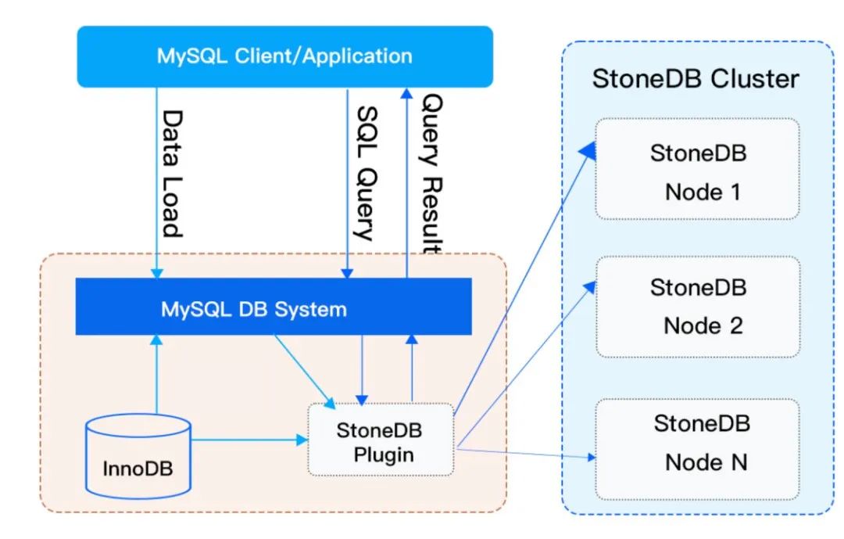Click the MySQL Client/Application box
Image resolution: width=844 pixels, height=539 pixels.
click(284, 56)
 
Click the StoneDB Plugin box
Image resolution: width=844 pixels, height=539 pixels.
click(381, 439)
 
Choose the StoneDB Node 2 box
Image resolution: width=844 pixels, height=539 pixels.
click(697, 307)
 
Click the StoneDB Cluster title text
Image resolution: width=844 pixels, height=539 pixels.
click(696, 79)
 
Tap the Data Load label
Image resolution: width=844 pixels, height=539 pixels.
click(171, 173)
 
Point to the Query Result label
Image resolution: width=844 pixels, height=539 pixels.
click(432, 174)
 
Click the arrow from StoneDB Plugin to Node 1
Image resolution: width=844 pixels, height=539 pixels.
click(524, 274)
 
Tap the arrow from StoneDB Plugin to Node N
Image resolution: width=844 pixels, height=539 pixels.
click(524, 452)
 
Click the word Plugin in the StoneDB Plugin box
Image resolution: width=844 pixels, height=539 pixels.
click(382, 454)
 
